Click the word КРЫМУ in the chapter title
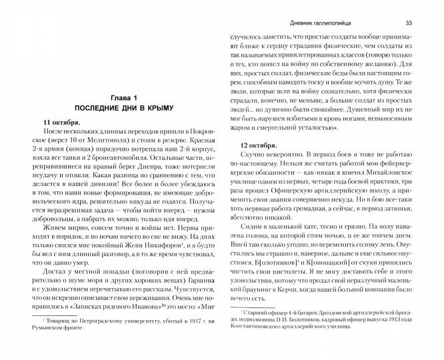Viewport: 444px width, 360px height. coord(157,107)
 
